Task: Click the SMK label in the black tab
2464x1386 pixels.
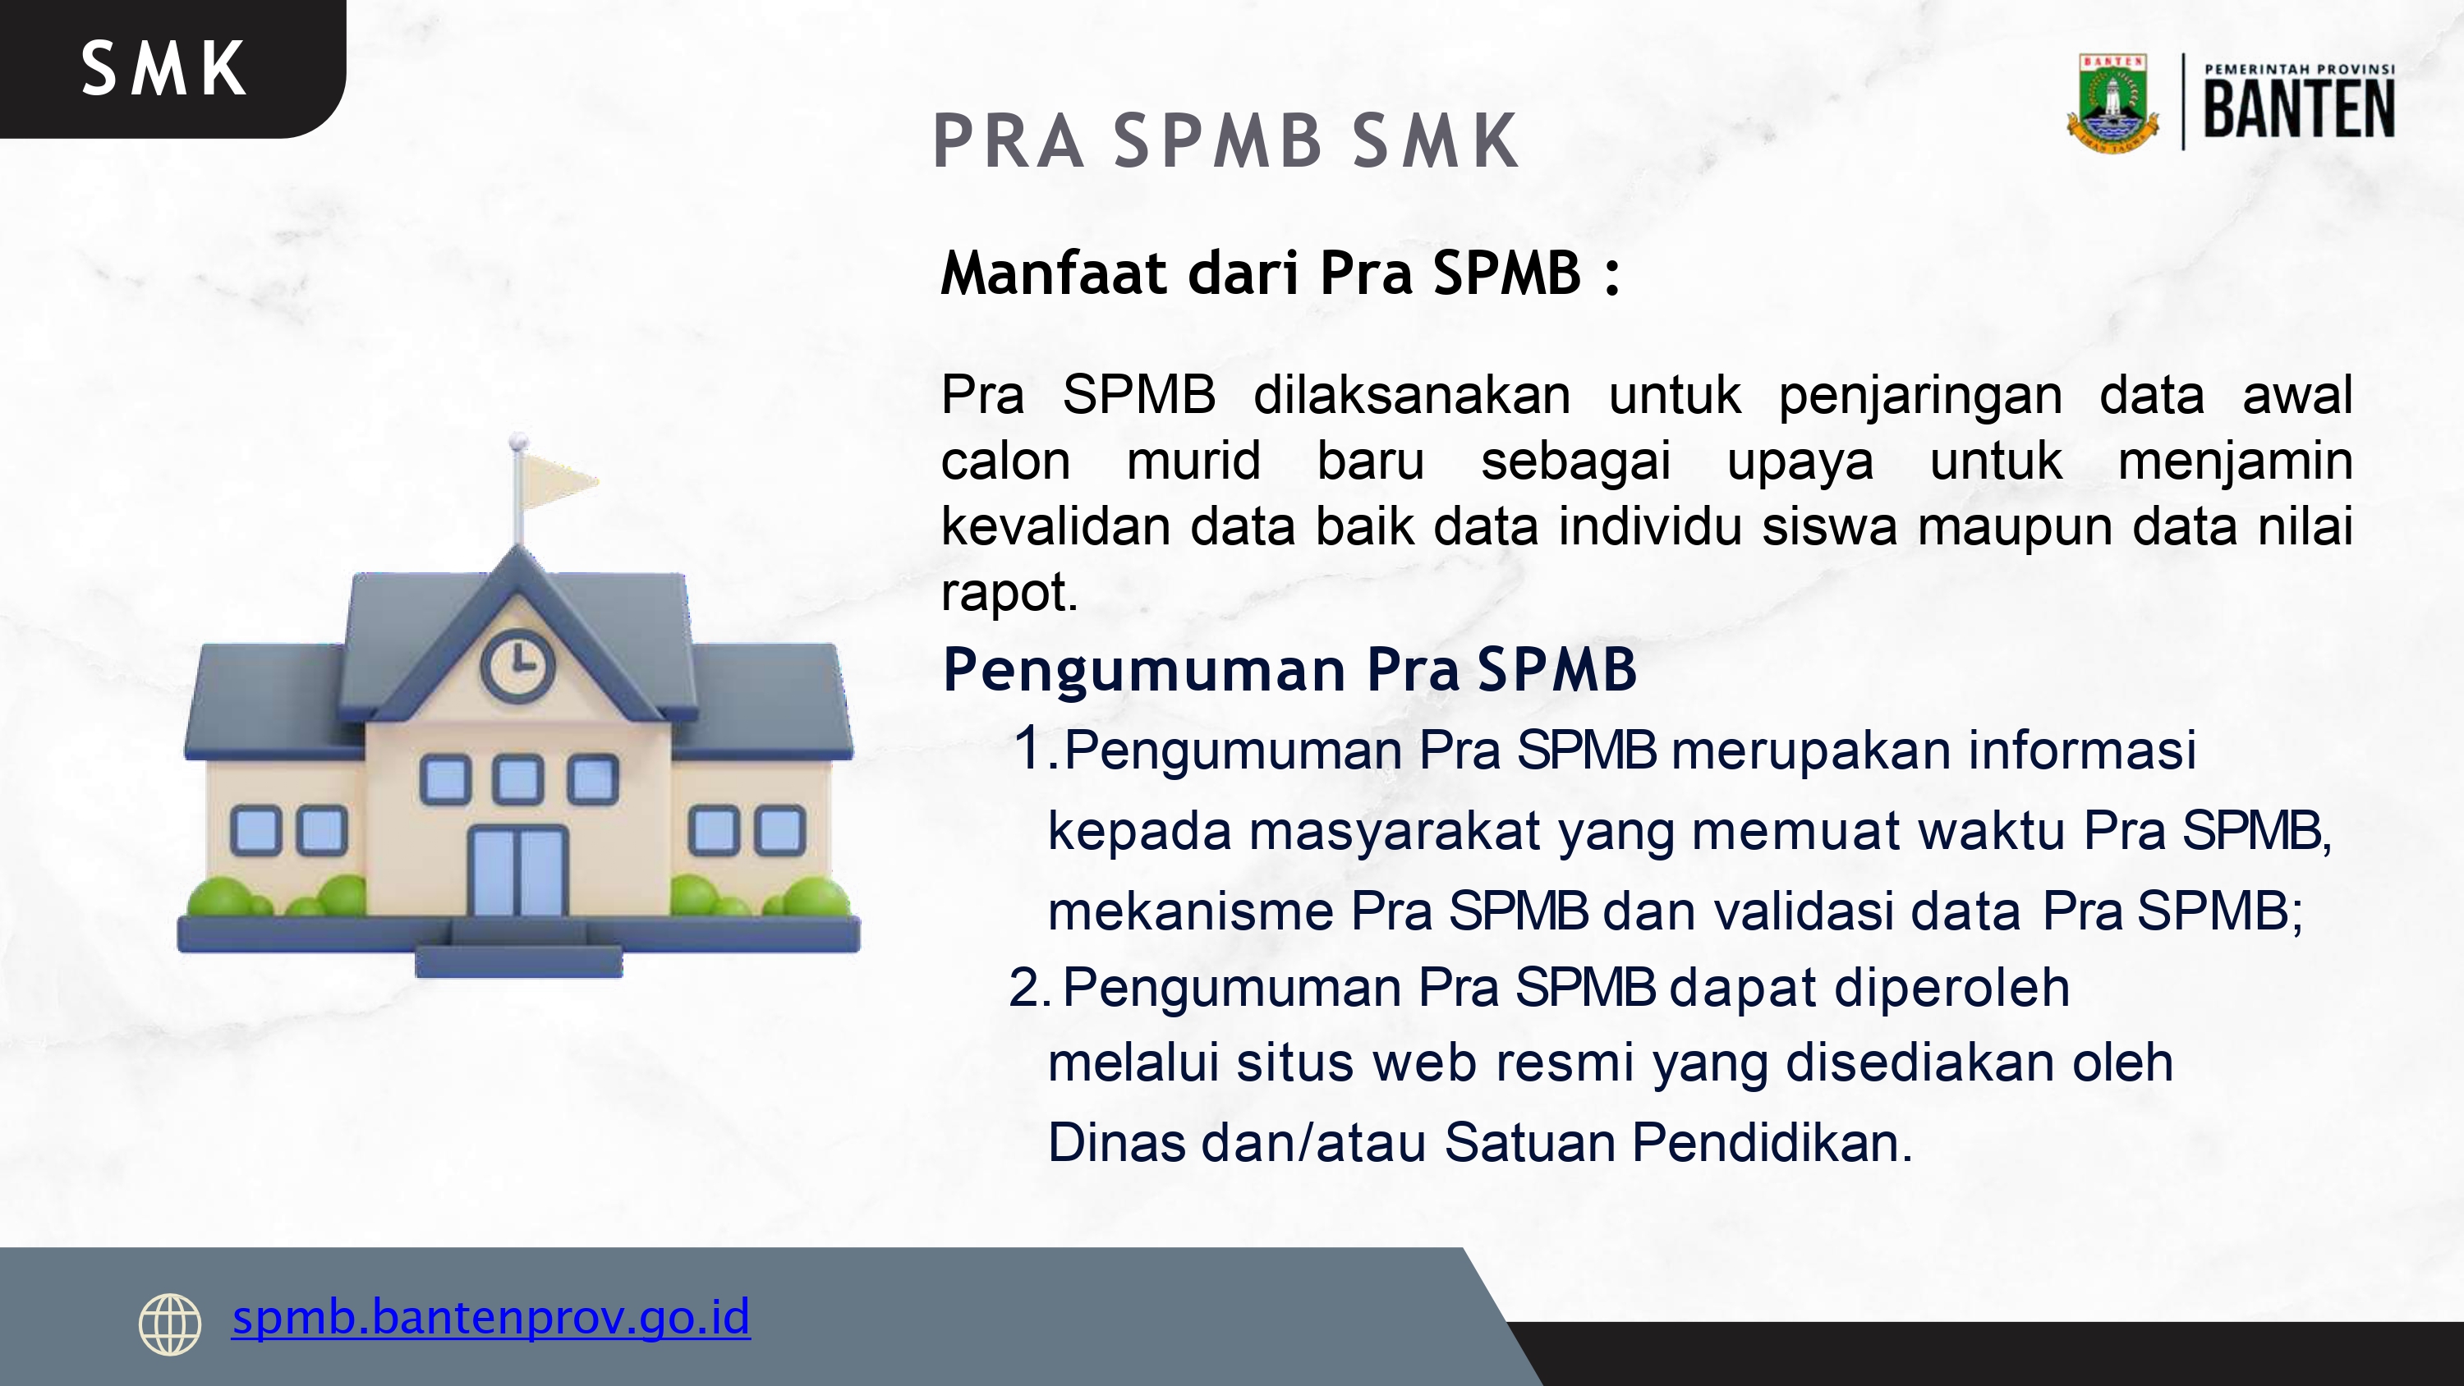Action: pyautogui.click(x=163, y=69)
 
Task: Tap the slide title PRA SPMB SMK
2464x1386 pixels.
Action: pyautogui.click(x=1225, y=141)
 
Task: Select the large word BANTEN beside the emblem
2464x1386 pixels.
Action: pyautogui.click(x=2300, y=109)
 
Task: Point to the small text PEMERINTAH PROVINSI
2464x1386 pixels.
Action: pyautogui.click(x=2300, y=69)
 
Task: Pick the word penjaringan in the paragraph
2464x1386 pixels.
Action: pyautogui.click(x=1919, y=395)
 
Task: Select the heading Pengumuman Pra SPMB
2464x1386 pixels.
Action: pyautogui.click(x=1289, y=668)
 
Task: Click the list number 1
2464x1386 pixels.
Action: pyautogui.click(x=1030, y=748)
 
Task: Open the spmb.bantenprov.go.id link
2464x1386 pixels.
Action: pyautogui.click(x=490, y=1317)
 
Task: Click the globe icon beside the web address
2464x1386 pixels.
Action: pyautogui.click(x=170, y=1324)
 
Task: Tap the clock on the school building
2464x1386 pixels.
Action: pyautogui.click(x=517, y=665)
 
